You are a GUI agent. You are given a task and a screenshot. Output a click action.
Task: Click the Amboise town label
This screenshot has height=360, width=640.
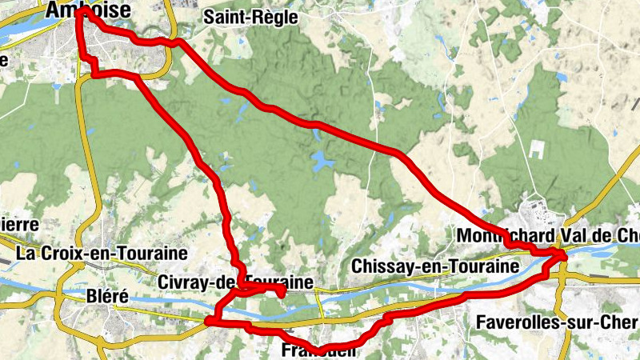pyautogui.click(x=78, y=9)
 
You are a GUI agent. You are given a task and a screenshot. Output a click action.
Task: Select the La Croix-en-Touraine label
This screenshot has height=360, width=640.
pyautogui.click(x=102, y=254)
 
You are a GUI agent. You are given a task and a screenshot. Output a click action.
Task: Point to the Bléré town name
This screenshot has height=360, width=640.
pyautogui.click(x=106, y=296)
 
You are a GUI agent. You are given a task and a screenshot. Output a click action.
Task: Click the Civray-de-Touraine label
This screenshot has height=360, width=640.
pyautogui.click(x=234, y=282)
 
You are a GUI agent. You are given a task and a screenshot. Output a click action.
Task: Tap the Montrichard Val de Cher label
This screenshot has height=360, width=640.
pyautogui.click(x=548, y=236)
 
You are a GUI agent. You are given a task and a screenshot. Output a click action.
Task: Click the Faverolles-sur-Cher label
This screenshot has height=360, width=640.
pyautogui.click(x=557, y=322)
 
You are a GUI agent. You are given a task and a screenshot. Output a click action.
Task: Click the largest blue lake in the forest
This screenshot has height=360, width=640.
pyautogui.click(x=322, y=162)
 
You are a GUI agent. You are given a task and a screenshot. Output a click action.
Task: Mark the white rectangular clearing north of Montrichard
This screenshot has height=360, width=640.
pyautogui.click(x=535, y=150)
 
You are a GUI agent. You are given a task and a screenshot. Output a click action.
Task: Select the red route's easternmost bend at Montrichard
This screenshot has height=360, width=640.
pyautogui.click(x=564, y=255)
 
